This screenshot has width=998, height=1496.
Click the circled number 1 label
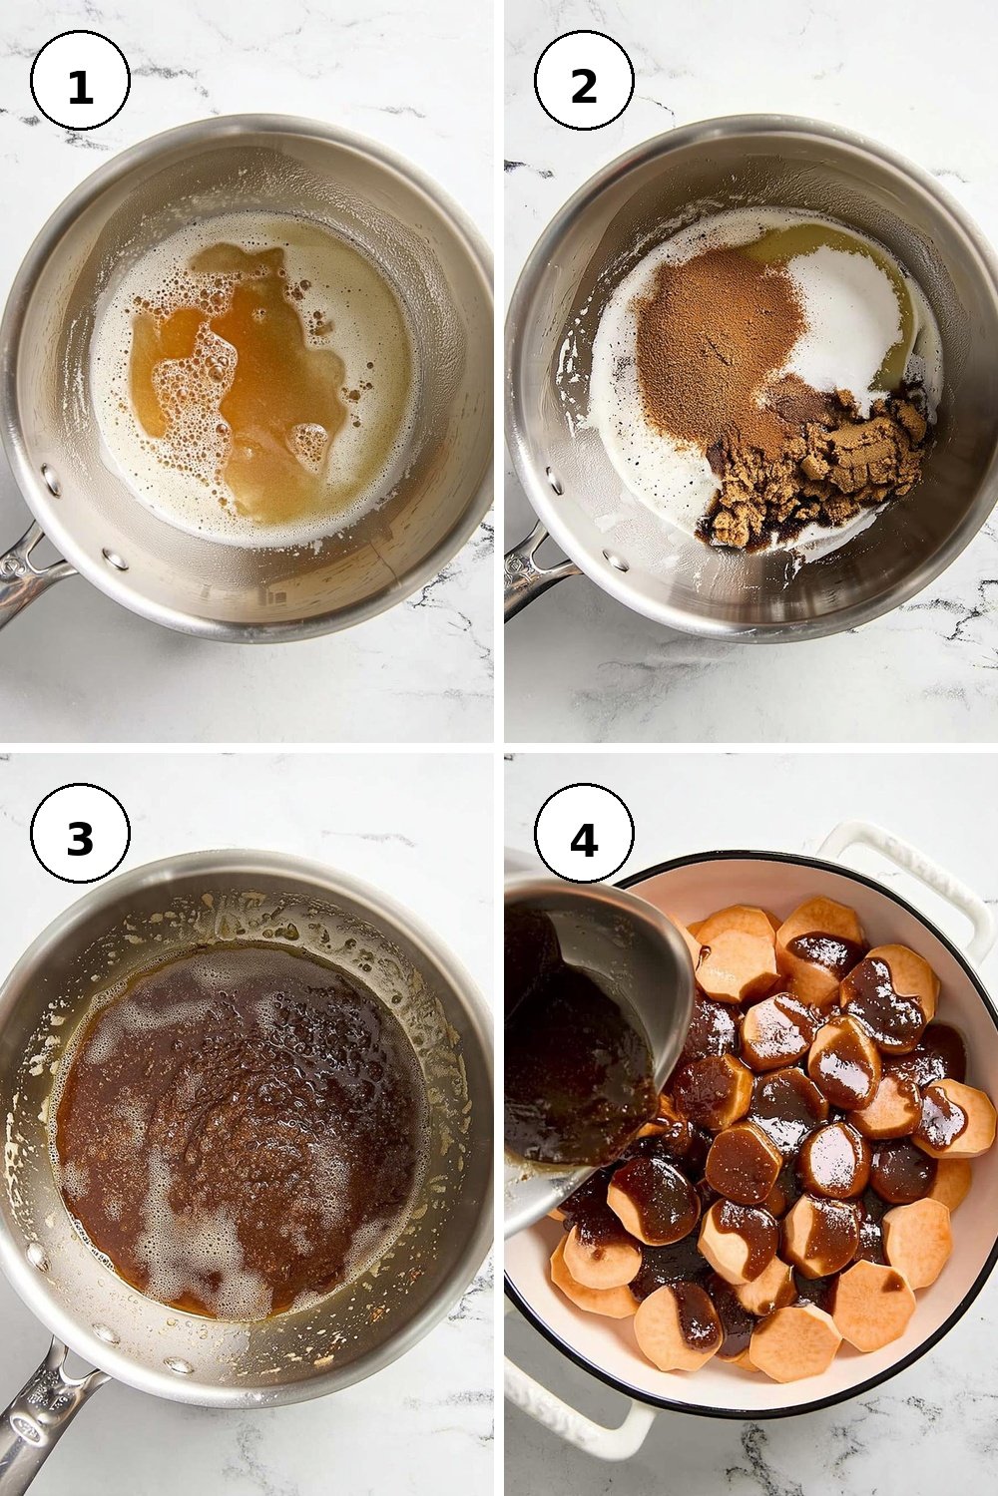pyautogui.click(x=80, y=81)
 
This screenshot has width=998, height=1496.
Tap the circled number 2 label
pyautogui.click(x=584, y=81)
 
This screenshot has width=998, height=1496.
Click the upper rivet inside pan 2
pyautogui.click(x=555, y=477)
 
